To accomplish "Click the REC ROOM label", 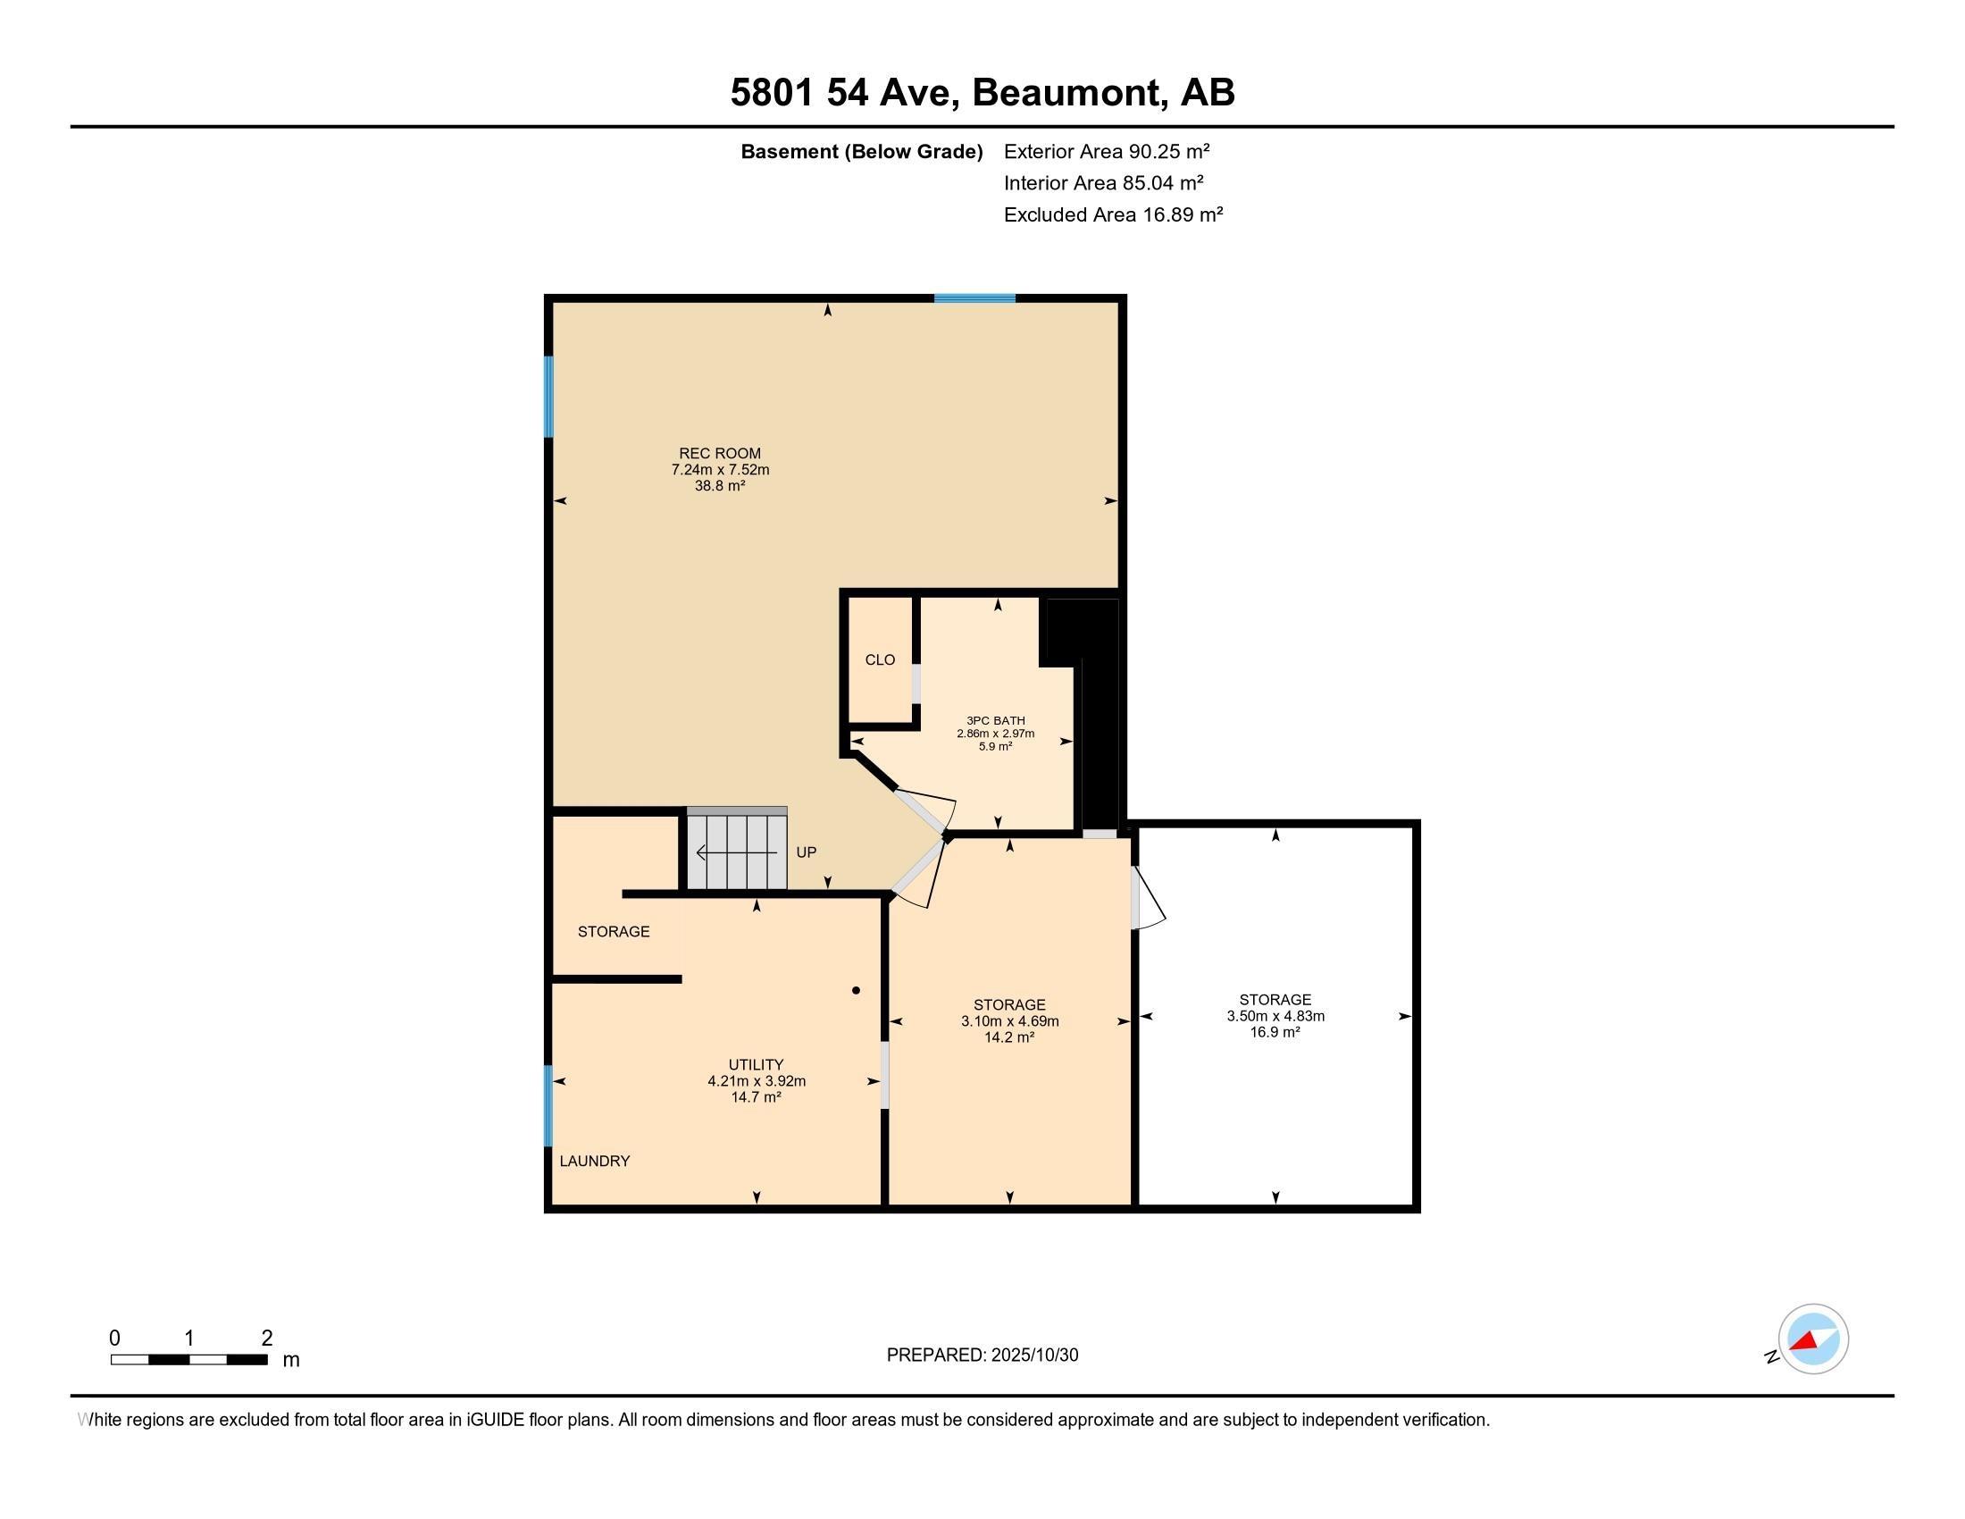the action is click(720, 454).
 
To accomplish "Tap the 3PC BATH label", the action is click(996, 721).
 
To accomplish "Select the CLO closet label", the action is click(880, 659).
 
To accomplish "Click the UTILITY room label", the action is click(756, 1064).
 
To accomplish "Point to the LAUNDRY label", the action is click(595, 1161).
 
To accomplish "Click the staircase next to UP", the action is click(737, 849).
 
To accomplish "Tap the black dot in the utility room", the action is click(857, 991).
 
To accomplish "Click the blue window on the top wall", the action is click(974, 298).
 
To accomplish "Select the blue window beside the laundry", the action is click(548, 1106).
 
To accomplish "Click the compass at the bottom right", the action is click(1813, 1339).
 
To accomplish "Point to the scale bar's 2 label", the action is click(267, 1339).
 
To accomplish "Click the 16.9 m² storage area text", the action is click(1275, 1032).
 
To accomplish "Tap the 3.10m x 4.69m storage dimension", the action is click(1009, 1021).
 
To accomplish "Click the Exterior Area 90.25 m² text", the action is click(1107, 151).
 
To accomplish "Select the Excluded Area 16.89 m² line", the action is click(1113, 214).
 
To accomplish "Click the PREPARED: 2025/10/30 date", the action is click(982, 1355).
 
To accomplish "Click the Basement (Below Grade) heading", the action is click(861, 151).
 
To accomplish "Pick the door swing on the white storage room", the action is click(1149, 897).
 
